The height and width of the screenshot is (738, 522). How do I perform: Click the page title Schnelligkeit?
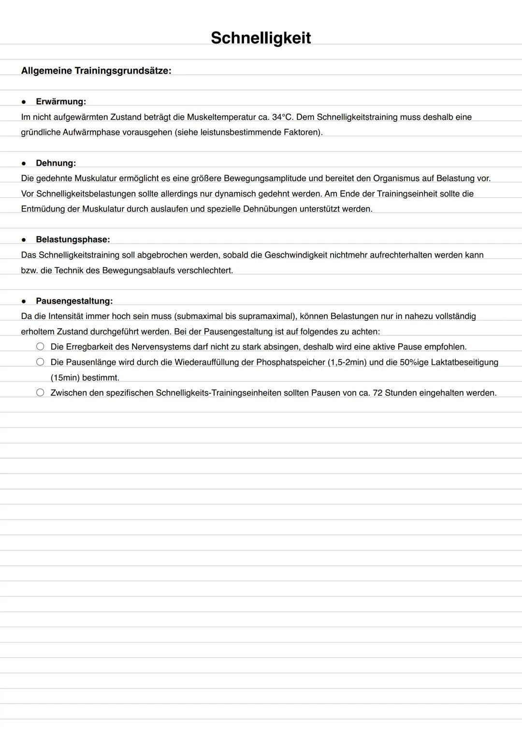tap(261, 38)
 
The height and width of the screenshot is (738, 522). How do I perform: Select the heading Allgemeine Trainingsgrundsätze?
tap(96, 71)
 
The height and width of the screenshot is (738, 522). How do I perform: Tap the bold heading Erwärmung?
tap(61, 101)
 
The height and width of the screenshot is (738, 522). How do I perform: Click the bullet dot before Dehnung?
tap(24, 163)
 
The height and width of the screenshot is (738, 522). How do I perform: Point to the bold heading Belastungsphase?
tap(72, 240)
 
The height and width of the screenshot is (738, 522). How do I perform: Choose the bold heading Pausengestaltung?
tap(74, 301)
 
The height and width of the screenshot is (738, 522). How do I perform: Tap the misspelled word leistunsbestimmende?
tap(237, 132)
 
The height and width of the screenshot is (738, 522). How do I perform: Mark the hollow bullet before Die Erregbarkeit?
tap(40, 347)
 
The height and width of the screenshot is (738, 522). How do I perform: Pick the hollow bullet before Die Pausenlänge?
tap(40, 362)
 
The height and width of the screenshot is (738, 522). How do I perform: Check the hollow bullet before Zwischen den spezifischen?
tap(40, 392)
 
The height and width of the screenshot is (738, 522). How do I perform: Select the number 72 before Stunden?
tap(378, 393)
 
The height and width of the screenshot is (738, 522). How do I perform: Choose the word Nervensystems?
tap(161, 347)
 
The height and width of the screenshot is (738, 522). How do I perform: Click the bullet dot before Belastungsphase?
tap(24, 240)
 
